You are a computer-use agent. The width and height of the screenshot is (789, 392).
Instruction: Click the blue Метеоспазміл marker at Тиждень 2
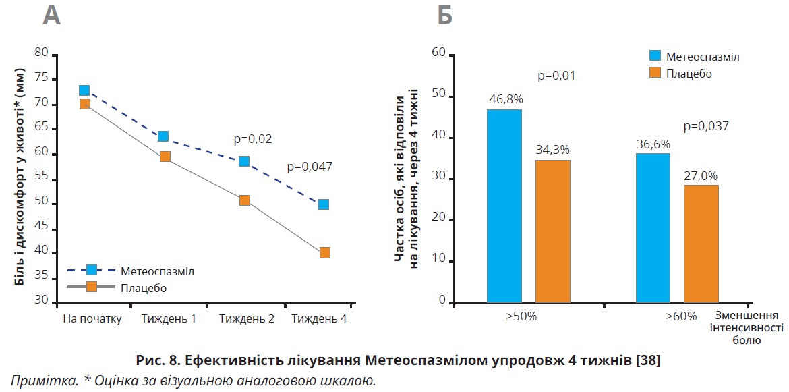(x=244, y=161)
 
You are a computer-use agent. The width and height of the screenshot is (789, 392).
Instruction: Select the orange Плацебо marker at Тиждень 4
(x=324, y=253)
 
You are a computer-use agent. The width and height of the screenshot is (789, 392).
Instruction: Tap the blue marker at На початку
(x=84, y=90)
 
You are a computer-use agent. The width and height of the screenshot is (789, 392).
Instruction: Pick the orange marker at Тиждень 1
(x=165, y=157)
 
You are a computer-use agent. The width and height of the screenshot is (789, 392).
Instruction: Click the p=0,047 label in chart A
(x=310, y=166)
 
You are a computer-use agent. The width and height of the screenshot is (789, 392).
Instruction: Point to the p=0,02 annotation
(x=253, y=139)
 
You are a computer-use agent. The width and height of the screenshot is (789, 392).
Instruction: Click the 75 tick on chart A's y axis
(x=42, y=78)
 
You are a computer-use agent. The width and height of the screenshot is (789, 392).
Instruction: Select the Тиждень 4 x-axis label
(x=320, y=318)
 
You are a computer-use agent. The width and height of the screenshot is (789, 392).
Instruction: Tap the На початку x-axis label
(x=92, y=318)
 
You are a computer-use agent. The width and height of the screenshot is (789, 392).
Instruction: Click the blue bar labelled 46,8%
(x=504, y=206)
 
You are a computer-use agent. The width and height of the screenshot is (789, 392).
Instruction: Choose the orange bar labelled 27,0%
(x=701, y=244)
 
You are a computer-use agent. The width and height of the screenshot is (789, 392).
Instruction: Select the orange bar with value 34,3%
(x=553, y=231)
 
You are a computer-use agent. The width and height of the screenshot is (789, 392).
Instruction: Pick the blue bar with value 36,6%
(x=653, y=228)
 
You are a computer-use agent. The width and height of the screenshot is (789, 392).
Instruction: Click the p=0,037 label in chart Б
(x=707, y=125)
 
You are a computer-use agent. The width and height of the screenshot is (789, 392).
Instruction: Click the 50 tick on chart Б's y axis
(x=438, y=95)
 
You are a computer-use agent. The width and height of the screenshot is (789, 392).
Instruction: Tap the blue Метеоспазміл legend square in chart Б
(x=655, y=56)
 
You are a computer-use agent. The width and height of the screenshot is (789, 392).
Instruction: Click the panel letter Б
(x=445, y=15)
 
